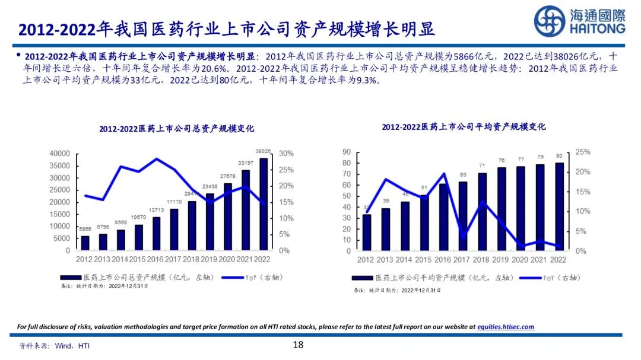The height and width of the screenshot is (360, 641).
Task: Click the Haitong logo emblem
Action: coord(548,21)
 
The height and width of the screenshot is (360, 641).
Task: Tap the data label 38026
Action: coord(264,151)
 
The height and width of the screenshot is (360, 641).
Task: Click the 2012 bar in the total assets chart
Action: coord(85,243)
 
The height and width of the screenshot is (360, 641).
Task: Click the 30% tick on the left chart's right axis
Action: coord(286,154)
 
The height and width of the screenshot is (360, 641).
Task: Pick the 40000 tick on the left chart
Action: coord(58,154)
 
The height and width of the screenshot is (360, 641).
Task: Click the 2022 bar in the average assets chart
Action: coord(559,206)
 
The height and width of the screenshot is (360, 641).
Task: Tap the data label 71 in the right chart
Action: coord(483,165)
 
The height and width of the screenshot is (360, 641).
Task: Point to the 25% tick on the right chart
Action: coord(583,152)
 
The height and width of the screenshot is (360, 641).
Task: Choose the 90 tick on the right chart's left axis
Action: coord(347,152)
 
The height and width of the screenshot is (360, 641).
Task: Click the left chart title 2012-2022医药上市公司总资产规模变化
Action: coord(176,129)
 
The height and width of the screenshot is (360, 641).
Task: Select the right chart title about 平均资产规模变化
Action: coord(464,127)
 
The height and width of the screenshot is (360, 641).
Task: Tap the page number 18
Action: coord(299,345)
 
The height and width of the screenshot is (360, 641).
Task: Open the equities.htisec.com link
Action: coord(506,327)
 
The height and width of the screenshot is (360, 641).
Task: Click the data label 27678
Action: coord(227,177)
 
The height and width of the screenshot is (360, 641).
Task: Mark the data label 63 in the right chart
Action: coord(463,174)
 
